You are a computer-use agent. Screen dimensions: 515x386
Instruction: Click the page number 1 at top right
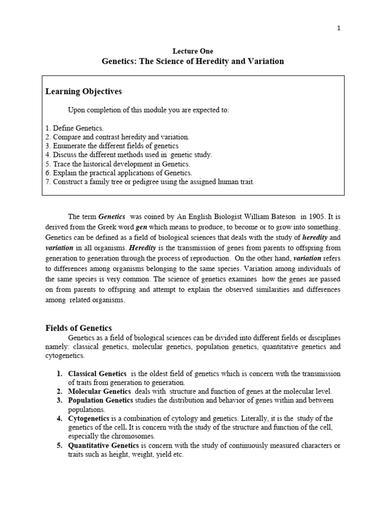tap(339, 28)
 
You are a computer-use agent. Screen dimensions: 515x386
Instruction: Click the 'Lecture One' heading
tap(193, 51)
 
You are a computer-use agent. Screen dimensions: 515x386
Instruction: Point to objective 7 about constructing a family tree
tap(150, 182)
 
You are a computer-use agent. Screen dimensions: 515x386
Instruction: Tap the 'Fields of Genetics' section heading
tap(78, 328)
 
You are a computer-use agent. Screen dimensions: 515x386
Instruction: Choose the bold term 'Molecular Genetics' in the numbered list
tap(99, 391)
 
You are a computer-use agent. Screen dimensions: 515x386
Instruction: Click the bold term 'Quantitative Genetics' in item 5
tap(104, 446)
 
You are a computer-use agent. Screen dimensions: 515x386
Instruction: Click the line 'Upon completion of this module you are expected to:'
tap(148, 110)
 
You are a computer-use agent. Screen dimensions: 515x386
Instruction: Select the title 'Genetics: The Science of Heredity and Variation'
tap(193, 61)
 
